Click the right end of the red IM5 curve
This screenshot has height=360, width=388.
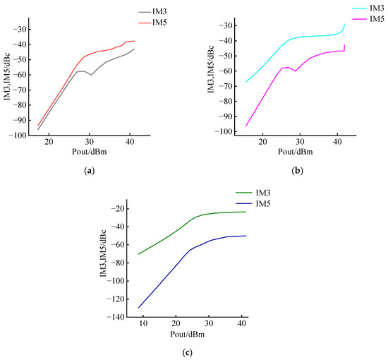[134, 41]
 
